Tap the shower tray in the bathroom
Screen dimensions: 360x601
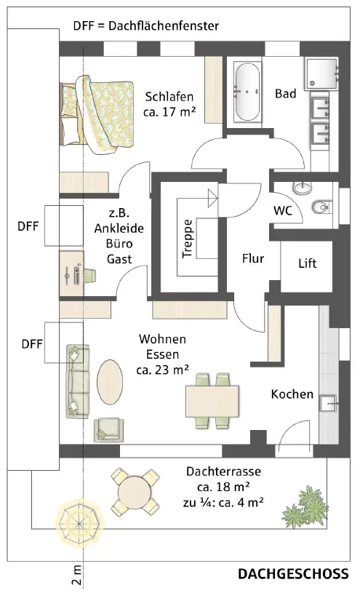321,73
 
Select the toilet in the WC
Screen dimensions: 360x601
321,207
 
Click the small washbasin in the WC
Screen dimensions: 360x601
303,188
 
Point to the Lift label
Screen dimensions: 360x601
308,263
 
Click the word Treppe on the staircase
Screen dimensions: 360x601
188,239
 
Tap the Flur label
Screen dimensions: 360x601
253,258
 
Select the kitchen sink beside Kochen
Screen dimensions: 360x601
329,403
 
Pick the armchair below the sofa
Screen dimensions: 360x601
109,429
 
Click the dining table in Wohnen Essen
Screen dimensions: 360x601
212,400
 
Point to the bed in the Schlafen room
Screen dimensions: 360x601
97,115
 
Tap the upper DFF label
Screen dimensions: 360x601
28,226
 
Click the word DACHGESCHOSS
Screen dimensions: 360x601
293,574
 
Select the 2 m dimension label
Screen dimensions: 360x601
77,575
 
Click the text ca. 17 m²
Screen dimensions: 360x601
169,112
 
